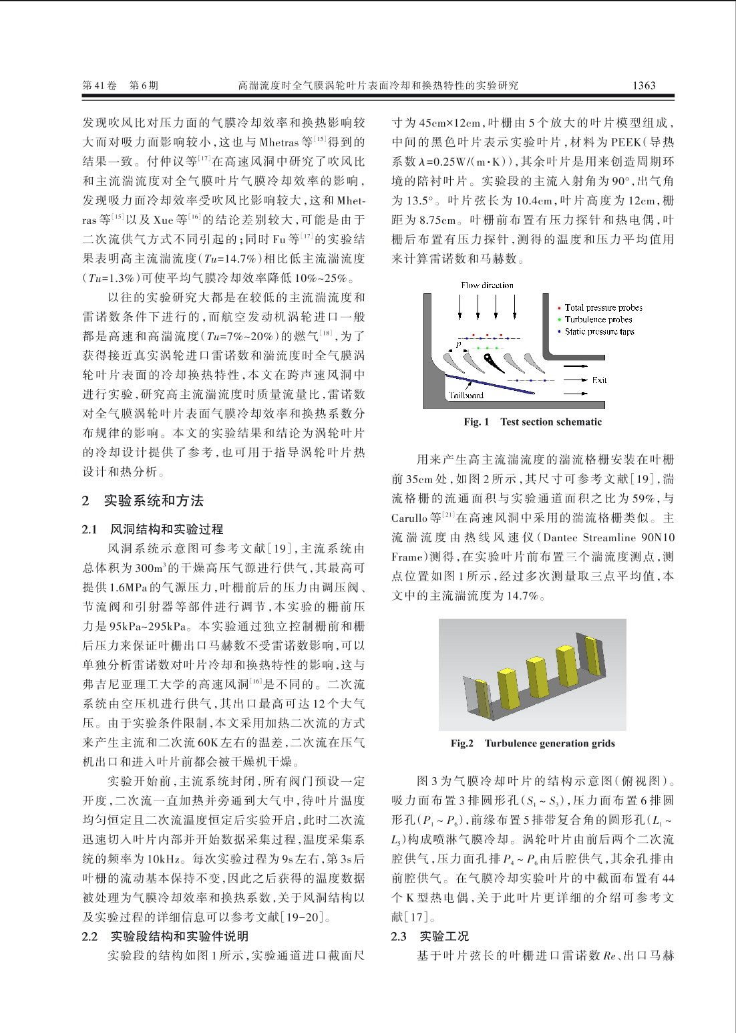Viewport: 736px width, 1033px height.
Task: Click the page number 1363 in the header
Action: coord(644,86)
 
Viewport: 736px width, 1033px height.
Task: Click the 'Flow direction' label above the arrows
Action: coord(487,285)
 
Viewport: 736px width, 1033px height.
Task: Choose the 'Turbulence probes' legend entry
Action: coord(598,319)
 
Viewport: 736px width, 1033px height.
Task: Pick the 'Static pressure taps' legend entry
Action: coord(599,331)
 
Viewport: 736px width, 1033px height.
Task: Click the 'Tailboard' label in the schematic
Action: coord(466,395)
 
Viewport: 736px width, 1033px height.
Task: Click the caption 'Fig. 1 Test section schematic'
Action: coord(532,422)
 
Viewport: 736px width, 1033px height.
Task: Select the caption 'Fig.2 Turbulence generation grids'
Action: coord(532,744)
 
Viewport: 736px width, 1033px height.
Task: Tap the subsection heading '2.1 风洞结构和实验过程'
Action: coord(152,529)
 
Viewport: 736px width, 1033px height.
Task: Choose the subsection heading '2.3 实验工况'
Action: coord(430,936)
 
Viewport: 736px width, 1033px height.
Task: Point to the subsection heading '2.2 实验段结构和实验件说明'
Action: coord(165,936)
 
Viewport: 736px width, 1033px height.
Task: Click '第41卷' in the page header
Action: coord(100,86)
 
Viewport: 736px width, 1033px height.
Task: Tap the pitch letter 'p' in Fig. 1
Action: coord(458,345)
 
